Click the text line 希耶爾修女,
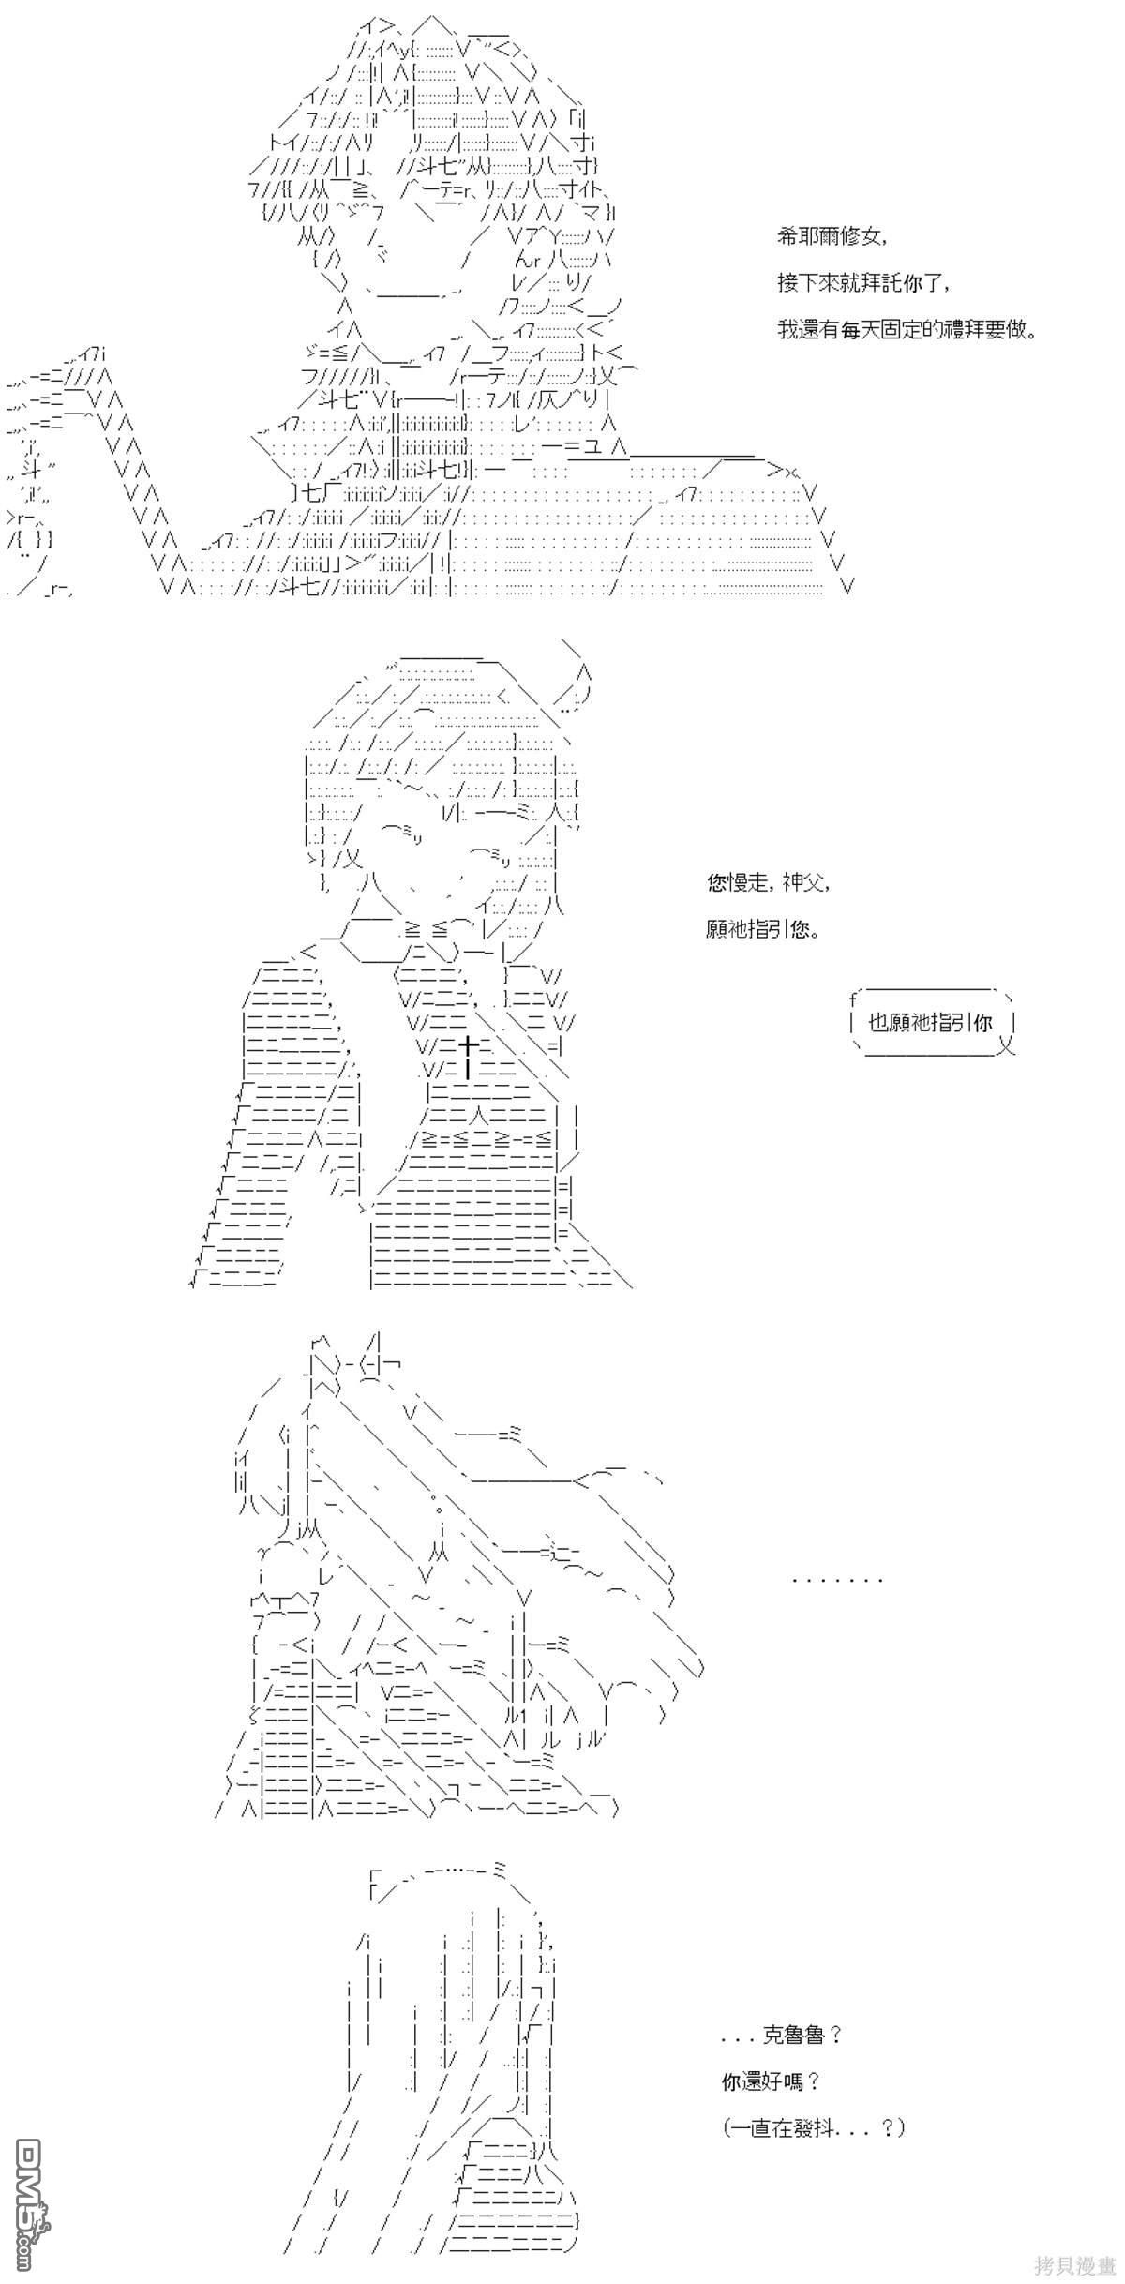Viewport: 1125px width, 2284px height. coord(831,238)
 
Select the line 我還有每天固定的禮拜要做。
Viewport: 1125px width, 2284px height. coord(907,330)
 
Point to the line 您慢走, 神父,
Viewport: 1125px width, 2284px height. coord(769,883)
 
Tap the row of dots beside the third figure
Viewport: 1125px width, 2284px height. coord(837,1580)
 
